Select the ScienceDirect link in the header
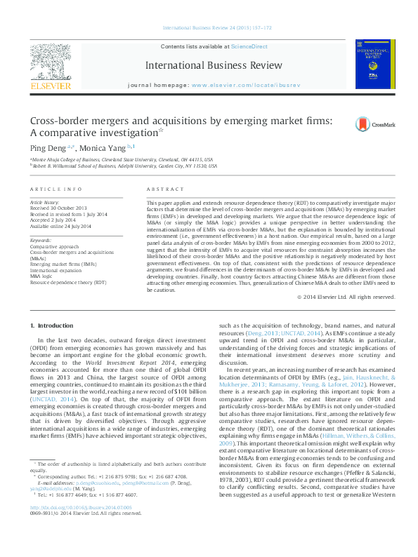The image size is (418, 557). tap(249, 46)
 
